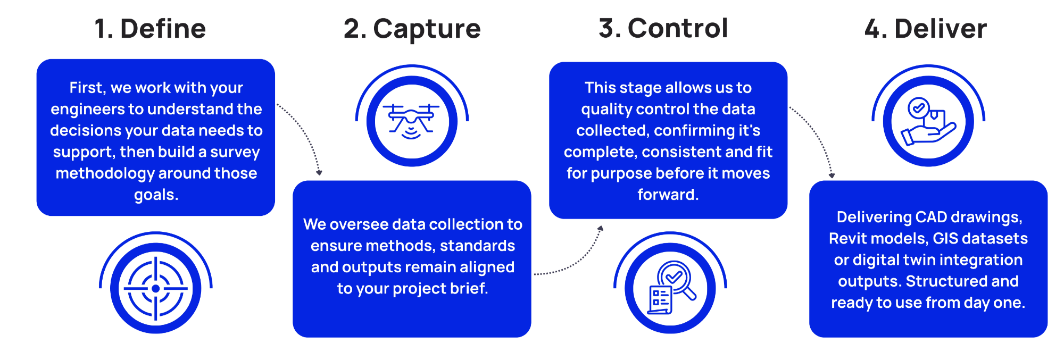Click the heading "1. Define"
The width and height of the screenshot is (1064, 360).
[150, 29]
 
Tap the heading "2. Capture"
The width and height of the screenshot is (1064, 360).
[412, 29]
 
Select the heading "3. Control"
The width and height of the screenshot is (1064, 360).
[663, 28]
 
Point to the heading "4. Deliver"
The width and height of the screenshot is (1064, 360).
[925, 29]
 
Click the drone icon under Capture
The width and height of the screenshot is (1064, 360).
[412, 121]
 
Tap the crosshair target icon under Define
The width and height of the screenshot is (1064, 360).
[155, 289]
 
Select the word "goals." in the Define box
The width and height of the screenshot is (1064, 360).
[156, 195]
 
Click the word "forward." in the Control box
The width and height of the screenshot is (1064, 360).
[668, 195]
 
